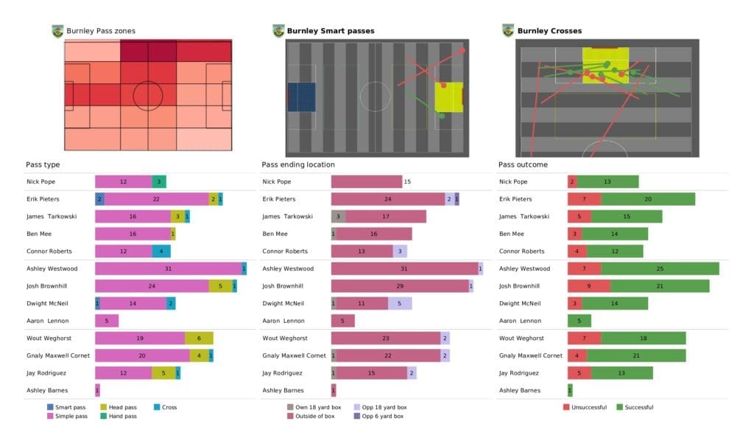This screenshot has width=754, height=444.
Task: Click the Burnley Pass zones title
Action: point(100,31)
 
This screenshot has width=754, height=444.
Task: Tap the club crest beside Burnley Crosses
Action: point(507,30)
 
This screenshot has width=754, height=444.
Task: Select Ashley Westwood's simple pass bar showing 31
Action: point(168,268)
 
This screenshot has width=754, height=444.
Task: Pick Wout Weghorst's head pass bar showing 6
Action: point(199,338)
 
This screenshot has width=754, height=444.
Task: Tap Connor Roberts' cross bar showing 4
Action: point(161,251)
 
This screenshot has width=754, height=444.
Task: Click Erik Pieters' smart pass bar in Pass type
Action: point(99,199)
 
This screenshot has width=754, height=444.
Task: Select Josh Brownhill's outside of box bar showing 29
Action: point(400,285)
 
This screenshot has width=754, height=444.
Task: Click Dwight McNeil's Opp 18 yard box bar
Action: point(400,303)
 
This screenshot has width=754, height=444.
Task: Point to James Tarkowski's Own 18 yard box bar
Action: point(339,216)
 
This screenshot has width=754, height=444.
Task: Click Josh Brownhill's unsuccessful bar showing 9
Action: point(588,285)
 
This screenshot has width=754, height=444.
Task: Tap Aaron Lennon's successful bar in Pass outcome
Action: point(579,321)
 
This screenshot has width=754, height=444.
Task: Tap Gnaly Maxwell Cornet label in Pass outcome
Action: point(530,355)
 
